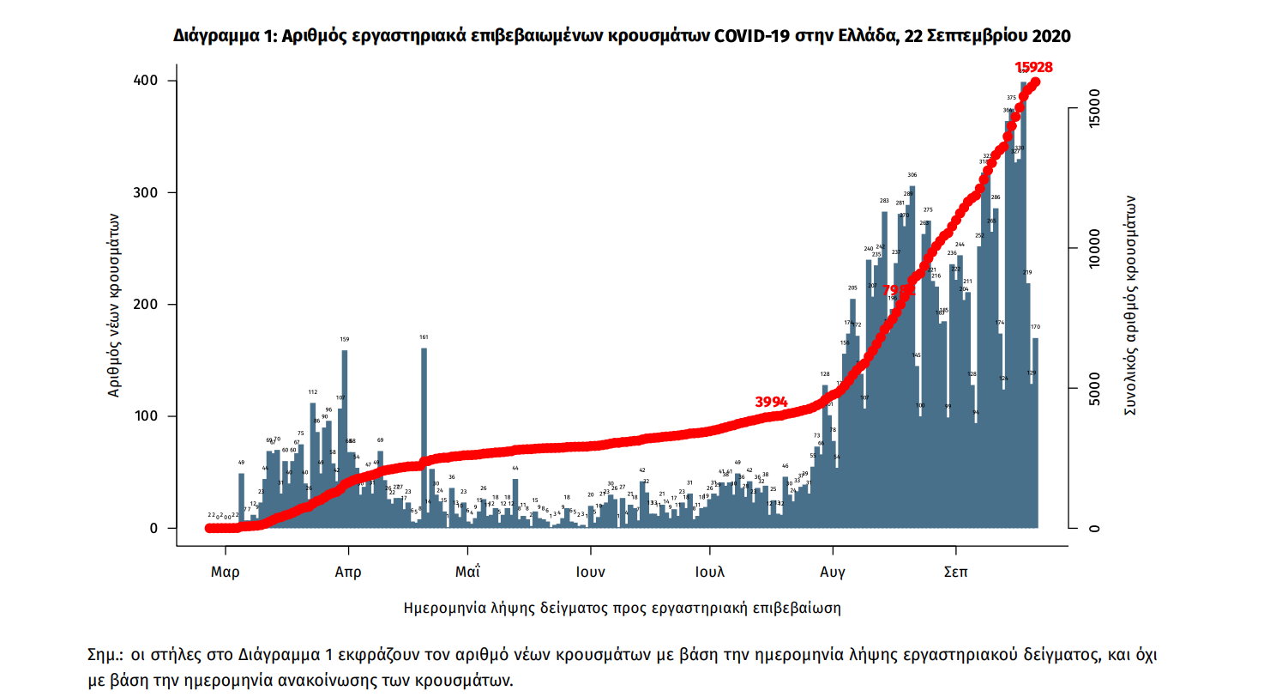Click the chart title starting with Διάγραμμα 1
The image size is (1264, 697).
click(622, 36)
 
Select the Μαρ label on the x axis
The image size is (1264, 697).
click(225, 572)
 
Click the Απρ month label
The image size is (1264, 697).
click(348, 572)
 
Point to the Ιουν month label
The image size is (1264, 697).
click(591, 572)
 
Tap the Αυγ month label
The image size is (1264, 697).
click(833, 572)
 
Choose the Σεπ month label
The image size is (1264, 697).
click(955, 572)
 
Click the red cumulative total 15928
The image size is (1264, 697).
click(1033, 67)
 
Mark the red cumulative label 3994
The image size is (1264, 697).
click(776, 402)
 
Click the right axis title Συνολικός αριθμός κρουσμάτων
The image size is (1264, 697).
click(1130, 305)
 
